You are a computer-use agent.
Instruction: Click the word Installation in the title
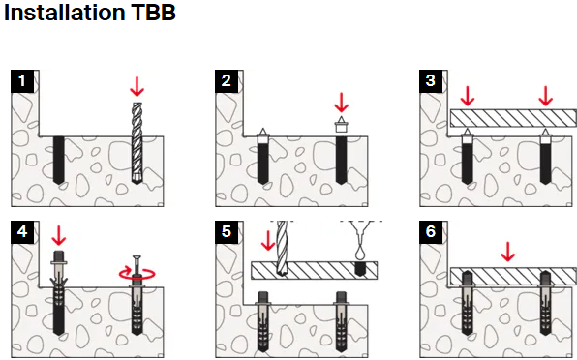[65, 12]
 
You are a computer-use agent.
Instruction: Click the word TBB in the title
[153, 12]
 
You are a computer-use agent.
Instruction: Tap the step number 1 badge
[22, 81]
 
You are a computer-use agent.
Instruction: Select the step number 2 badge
[227, 81]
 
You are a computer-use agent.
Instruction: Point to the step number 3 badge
[431, 81]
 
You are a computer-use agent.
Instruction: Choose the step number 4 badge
[22, 232]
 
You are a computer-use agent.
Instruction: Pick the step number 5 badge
[227, 232]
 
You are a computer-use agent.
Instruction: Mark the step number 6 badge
[431, 232]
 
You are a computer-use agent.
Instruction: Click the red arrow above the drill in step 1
[137, 87]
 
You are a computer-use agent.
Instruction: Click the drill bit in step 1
[137, 143]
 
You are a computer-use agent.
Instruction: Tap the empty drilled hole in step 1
[59, 160]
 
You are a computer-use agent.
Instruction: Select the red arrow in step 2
[341, 103]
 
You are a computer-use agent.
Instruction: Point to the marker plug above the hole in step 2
[341, 124]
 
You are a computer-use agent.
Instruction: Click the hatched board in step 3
[513, 118]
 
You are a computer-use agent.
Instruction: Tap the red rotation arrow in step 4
[137, 274]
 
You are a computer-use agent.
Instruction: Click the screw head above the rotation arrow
[137, 257]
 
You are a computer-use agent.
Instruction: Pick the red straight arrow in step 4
[59, 236]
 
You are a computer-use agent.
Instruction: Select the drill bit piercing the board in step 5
[282, 249]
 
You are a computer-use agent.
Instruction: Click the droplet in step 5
[360, 254]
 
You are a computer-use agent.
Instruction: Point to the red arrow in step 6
[508, 252]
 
